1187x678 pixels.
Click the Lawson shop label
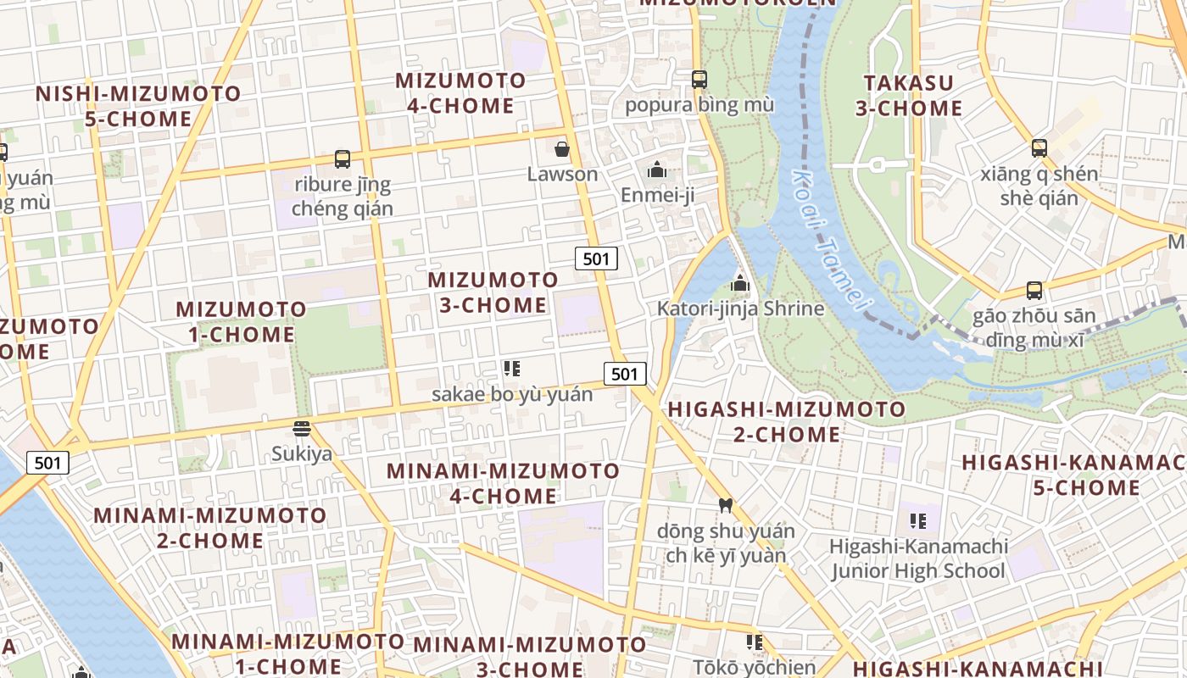(x=562, y=175)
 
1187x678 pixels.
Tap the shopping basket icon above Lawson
(x=561, y=150)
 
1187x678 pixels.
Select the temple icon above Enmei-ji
(x=656, y=170)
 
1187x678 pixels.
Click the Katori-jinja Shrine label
(x=740, y=308)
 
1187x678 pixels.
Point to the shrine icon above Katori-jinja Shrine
(x=740, y=283)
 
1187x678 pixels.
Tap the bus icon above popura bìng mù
(x=699, y=80)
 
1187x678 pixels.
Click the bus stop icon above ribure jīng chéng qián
(x=343, y=158)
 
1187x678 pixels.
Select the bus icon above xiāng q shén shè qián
(x=1039, y=148)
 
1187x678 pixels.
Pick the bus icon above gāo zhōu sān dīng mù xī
(x=1034, y=291)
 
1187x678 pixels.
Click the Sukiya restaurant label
(x=302, y=453)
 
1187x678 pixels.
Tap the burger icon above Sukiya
(x=302, y=428)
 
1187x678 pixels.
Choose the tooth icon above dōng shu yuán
(x=725, y=506)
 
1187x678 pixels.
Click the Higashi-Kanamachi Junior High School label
(x=918, y=559)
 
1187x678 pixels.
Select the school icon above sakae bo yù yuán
(x=511, y=369)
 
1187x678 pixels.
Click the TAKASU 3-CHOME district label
(x=909, y=96)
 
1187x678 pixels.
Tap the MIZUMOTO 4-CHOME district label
(x=461, y=93)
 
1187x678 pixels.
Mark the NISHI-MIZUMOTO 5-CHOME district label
(x=138, y=106)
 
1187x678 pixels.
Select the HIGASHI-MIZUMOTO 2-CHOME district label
(x=787, y=422)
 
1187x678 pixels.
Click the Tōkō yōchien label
(x=755, y=667)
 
